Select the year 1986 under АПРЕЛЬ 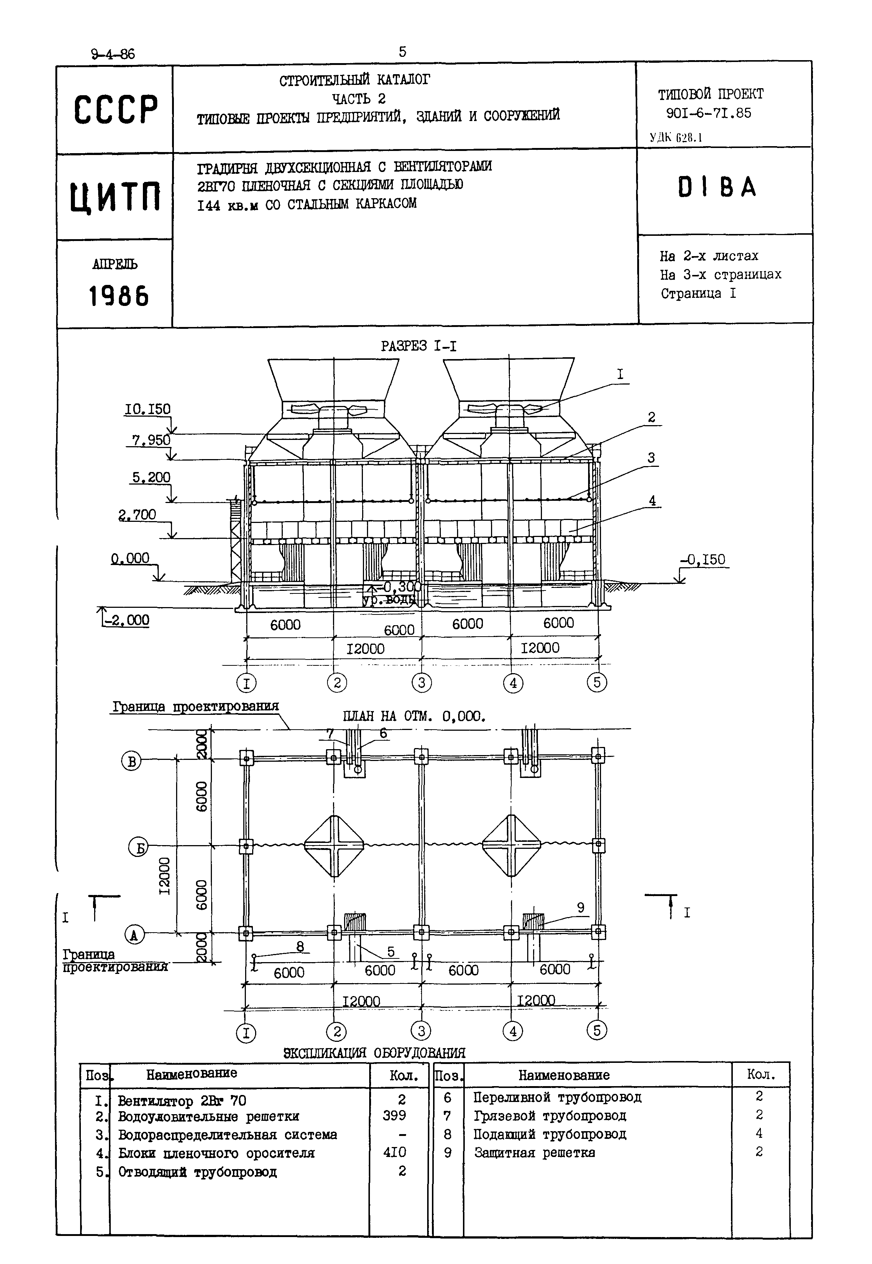pyautogui.click(x=119, y=297)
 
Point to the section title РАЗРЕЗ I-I pyautogui.click(x=419, y=346)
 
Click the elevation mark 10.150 pyautogui.click(x=148, y=409)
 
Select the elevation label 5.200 pyautogui.click(x=151, y=478)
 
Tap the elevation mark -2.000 pyautogui.click(x=127, y=620)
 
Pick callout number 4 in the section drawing pyautogui.click(x=652, y=500)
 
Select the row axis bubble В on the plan pyautogui.click(x=131, y=761)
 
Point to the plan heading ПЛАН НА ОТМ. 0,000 pyautogui.click(x=414, y=716)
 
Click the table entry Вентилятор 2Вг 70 pyautogui.click(x=182, y=1101)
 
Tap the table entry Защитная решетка pyautogui.click(x=534, y=1153)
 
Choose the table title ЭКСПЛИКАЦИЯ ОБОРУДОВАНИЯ pyautogui.click(x=374, y=1053)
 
